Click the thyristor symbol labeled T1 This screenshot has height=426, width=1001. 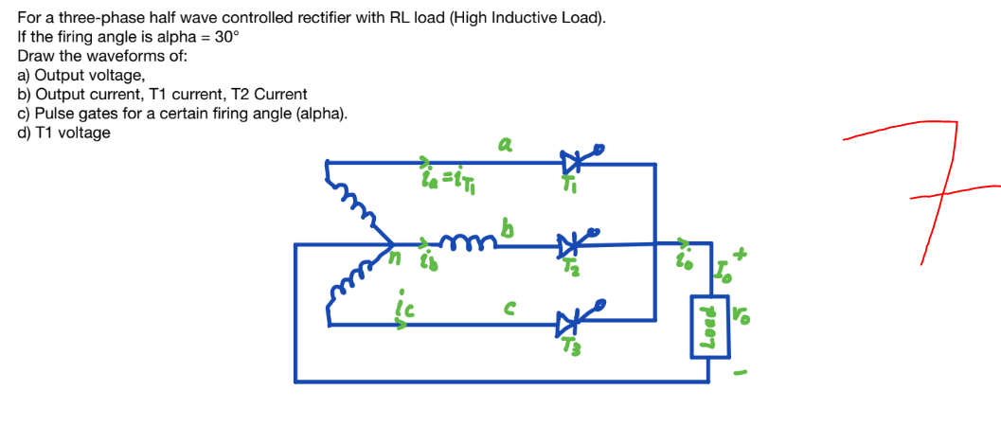coord(572,162)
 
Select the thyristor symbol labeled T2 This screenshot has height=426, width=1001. coord(572,245)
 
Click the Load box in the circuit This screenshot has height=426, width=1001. coord(709,327)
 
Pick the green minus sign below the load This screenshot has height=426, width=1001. coord(745,370)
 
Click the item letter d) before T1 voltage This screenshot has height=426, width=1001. coord(25,133)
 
